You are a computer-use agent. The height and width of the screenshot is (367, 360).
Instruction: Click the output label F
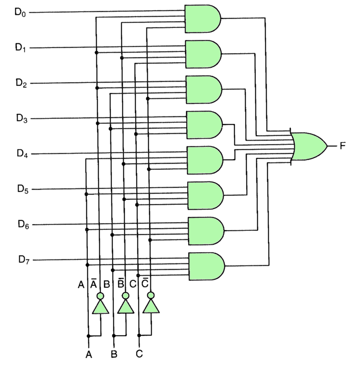[x=343, y=146]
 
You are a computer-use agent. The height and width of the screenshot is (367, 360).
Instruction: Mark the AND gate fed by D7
[x=206, y=266]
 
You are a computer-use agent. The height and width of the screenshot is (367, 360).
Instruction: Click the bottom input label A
[x=89, y=353]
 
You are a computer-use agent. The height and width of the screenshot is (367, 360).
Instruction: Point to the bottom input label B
[x=114, y=353]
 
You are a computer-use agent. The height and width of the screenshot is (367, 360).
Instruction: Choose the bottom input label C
[x=139, y=353]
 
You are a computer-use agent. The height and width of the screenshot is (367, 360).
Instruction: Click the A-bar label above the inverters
[x=93, y=283]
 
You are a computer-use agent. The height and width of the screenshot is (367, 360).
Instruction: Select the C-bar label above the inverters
[x=145, y=283]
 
